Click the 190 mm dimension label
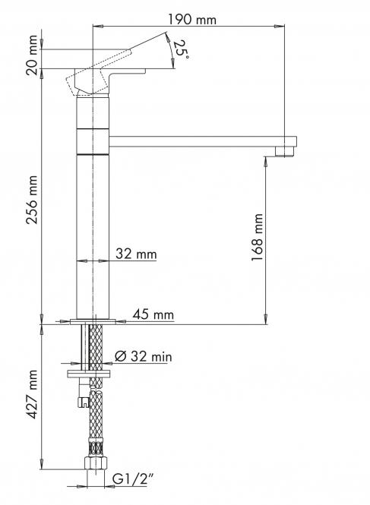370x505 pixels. [x=192, y=20]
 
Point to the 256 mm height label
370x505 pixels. [x=32, y=200]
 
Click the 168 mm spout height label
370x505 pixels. [x=258, y=237]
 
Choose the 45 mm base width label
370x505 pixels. [x=153, y=314]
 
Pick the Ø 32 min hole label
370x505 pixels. [x=144, y=356]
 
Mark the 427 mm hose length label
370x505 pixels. [x=32, y=394]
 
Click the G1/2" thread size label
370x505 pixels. [x=132, y=479]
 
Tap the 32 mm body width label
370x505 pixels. [x=136, y=254]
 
